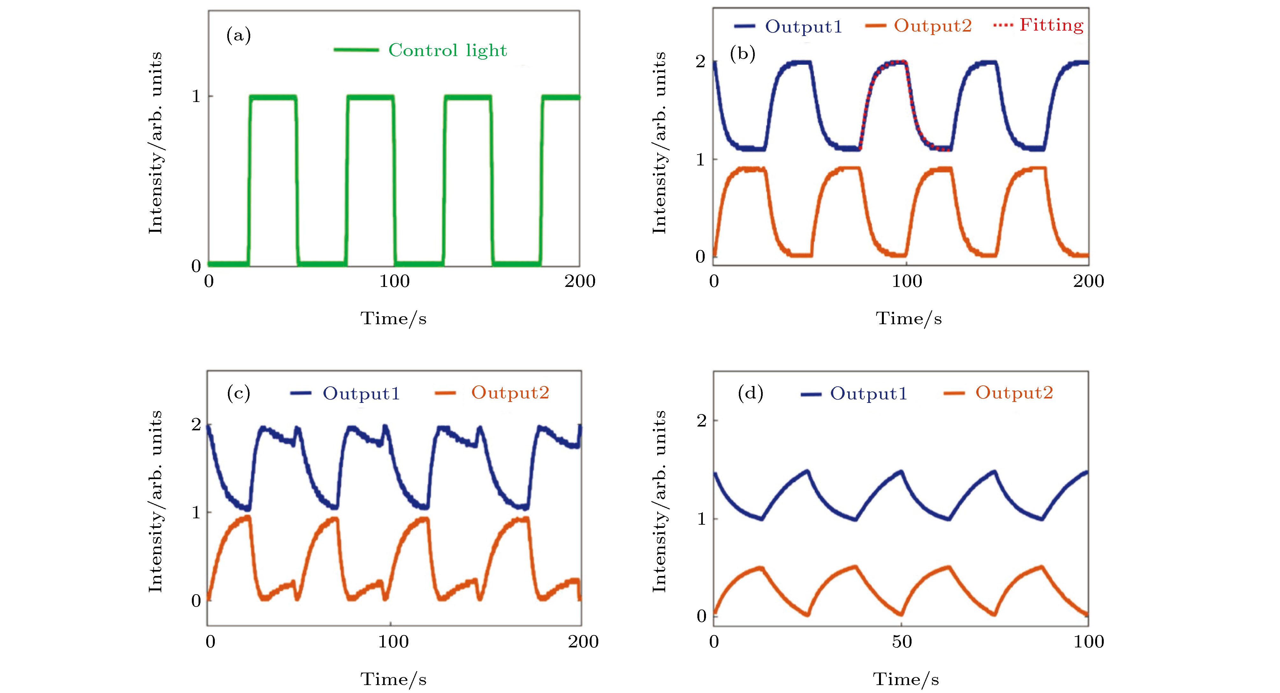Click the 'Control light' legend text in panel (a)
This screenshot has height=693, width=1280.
coord(447,50)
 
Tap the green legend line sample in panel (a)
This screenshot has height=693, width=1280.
coord(356,50)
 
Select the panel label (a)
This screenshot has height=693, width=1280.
coord(238,35)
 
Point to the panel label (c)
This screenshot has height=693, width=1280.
coord(238,393)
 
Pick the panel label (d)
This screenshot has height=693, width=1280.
coord(750,393)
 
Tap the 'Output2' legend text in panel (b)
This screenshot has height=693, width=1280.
coord(933,26)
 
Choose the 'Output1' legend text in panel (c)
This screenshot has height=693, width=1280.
coord(361,393)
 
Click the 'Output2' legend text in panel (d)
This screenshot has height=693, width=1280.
coord(1014,393)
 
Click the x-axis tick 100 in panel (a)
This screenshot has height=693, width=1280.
coord(395,281)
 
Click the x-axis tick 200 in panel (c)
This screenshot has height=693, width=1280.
coord(583,642)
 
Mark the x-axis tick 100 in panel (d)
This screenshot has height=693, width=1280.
coord(1088,642)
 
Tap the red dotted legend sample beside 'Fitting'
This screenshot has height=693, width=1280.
coord(1003,25)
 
